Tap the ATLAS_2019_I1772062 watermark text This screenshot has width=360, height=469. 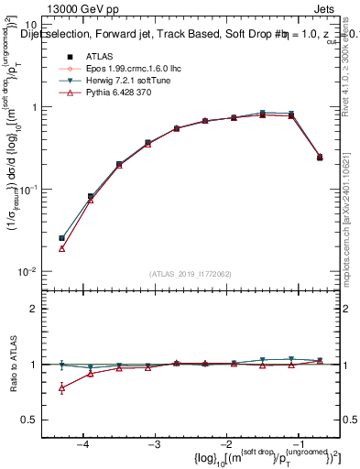click(191, 274)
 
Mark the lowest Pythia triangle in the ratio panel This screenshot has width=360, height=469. click(61, 388)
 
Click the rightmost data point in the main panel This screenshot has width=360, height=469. click(320, 158)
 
